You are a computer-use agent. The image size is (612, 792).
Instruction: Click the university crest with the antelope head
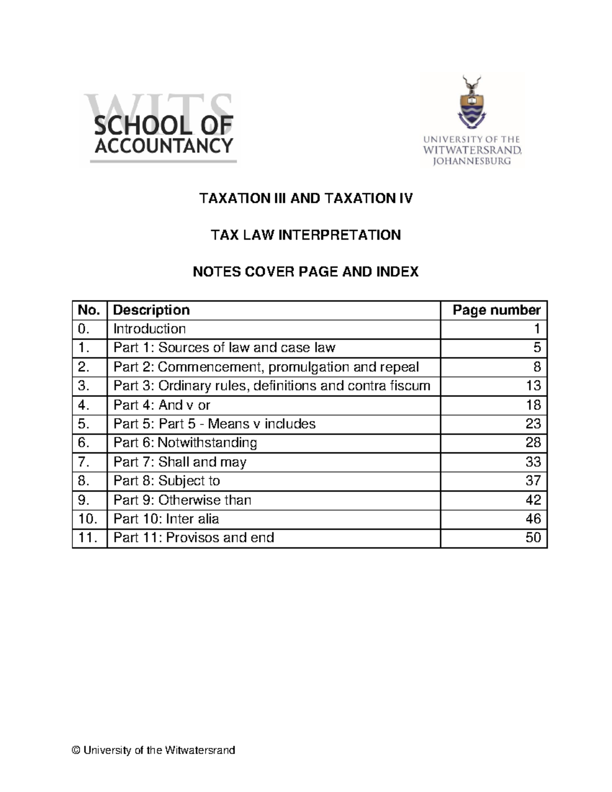tap(471, 103)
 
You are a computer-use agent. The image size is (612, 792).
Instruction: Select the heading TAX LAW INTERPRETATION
tap(305, 235)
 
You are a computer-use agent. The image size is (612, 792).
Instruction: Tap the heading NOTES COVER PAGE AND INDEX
tap(305, 272)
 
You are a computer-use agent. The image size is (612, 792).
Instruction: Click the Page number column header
tap(496, 310)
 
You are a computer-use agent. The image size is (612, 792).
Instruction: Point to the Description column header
tap(151, 310)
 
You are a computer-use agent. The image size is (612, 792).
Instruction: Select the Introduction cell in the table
tap(149, 329)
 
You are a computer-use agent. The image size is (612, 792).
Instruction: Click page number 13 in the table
tap(533, 386)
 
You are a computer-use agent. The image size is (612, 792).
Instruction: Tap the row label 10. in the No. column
tap(88, 519)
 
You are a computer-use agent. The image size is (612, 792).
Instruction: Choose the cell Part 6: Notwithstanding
tap(185, 443)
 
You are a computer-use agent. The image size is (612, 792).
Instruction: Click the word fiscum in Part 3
tap(410, 386)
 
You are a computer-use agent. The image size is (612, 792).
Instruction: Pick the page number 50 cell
tap(533, 538)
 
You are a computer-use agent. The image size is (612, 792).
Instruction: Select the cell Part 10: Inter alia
tap(166, 519)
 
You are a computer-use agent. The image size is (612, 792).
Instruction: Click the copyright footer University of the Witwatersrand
tap(154, 750)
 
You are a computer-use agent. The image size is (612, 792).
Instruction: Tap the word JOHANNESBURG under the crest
tap(471, 161)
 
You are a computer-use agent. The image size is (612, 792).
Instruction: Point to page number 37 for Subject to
tap(533, 480)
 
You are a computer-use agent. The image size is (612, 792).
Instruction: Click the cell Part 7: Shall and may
tap(180, 462)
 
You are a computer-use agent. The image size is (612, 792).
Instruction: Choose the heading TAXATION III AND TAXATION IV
tap(305, 198)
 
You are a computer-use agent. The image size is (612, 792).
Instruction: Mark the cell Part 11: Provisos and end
tap(194, 538)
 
